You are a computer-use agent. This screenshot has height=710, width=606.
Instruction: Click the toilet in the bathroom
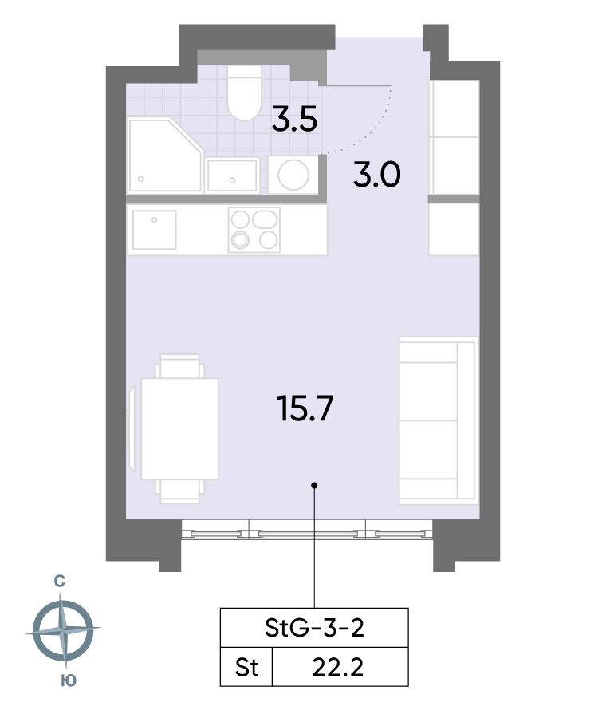[244, 93]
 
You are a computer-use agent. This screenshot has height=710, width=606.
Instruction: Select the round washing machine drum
[293, 175]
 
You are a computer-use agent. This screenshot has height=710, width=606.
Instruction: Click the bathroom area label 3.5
[294, 120]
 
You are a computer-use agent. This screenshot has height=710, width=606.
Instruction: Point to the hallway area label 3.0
[377, 175]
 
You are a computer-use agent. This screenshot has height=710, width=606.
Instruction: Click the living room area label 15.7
[305, 408]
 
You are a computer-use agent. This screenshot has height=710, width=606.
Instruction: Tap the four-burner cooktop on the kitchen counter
[254, 230]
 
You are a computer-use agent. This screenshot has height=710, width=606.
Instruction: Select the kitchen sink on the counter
[154, 230]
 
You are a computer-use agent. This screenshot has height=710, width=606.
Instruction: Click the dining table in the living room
[179, 428]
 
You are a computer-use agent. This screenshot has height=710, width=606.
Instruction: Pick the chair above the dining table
[179, 366]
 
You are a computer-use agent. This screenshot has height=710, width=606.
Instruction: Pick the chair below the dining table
[179, 491]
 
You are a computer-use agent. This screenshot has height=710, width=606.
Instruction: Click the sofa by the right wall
[438, 420]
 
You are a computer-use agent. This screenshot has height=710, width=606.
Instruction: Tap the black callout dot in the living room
[314, 485]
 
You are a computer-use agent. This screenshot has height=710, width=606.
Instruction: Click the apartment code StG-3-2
[314, 628]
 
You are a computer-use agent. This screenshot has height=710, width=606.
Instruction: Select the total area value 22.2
[337, 668]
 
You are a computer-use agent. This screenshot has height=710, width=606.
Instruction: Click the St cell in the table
[246, 667]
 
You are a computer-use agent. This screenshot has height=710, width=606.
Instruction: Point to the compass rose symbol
[63, 630]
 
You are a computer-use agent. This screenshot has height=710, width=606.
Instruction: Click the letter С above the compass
[59, 581]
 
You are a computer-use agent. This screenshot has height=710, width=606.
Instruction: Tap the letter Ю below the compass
[69, 680]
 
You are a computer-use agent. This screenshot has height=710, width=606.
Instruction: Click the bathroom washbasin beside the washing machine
[232, 176]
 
